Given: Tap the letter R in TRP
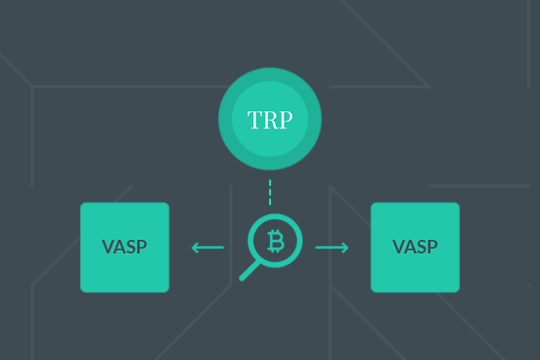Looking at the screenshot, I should point(269,121).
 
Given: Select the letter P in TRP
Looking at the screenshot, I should point(286,121).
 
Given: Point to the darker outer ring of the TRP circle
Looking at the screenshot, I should point(270,78).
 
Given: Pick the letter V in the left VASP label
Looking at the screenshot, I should point(107,247).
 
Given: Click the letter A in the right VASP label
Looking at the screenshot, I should point(409,247).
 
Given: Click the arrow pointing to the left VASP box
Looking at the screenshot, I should point(207,247).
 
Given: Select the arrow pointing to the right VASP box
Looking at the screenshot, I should point(333,247).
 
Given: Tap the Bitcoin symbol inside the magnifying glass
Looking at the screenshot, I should point(274,239).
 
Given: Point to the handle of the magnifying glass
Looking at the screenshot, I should point(249,270).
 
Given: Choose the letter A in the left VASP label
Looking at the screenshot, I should point(119,247).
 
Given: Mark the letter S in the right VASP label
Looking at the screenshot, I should point(421,247).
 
